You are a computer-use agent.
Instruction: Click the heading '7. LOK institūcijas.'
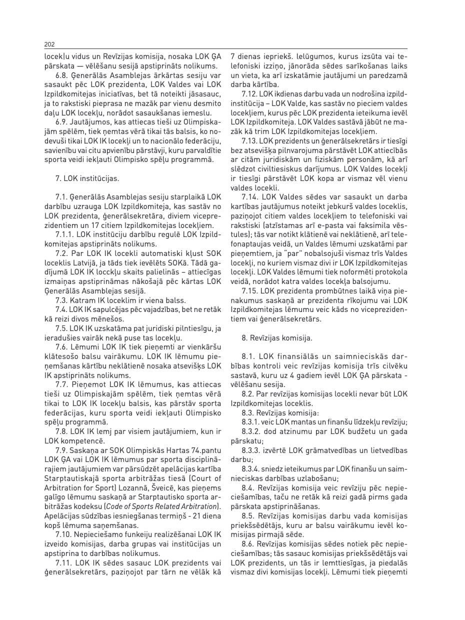[87, 177]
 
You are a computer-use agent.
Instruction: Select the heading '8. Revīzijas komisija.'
[276, 338]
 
